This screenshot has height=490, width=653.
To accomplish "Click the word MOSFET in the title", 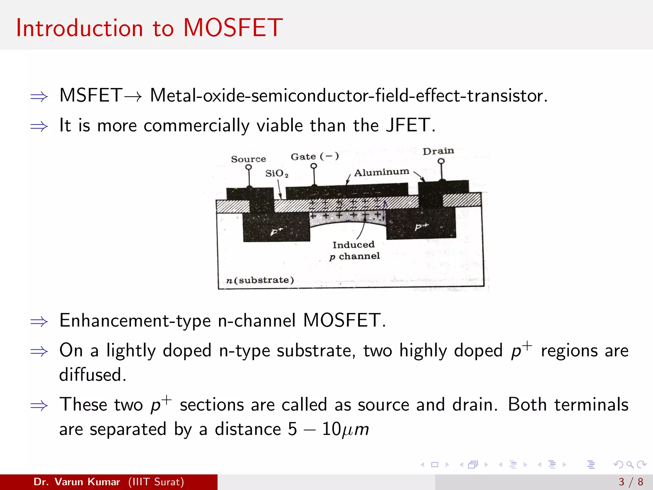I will point(233,28).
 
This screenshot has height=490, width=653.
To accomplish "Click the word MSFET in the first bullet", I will point(91,95).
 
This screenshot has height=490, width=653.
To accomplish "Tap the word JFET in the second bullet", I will point(408,125).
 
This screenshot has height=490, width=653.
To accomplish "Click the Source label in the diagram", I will point(248,159).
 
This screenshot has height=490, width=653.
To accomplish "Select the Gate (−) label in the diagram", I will point(315,157).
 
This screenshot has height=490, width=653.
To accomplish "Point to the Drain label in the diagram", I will point(438,151).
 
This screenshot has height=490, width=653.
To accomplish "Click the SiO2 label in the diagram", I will point(276,174).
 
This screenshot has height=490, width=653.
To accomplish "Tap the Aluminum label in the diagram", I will point(382,172).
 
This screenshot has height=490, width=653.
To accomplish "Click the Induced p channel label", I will point(354,250).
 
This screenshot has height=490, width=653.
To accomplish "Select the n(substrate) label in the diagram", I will point(260,280).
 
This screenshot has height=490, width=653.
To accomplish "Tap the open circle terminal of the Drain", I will point(441,161).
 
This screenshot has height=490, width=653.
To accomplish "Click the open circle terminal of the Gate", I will point(314,166).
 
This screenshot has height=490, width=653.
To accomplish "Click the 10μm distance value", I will point(345,429).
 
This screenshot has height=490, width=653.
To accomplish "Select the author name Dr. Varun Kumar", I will point(77,482).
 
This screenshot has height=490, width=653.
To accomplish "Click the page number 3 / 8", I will point(631,482).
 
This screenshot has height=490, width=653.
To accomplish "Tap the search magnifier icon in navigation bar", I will point(630,464).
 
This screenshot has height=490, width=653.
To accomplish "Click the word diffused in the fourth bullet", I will point(92,375).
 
